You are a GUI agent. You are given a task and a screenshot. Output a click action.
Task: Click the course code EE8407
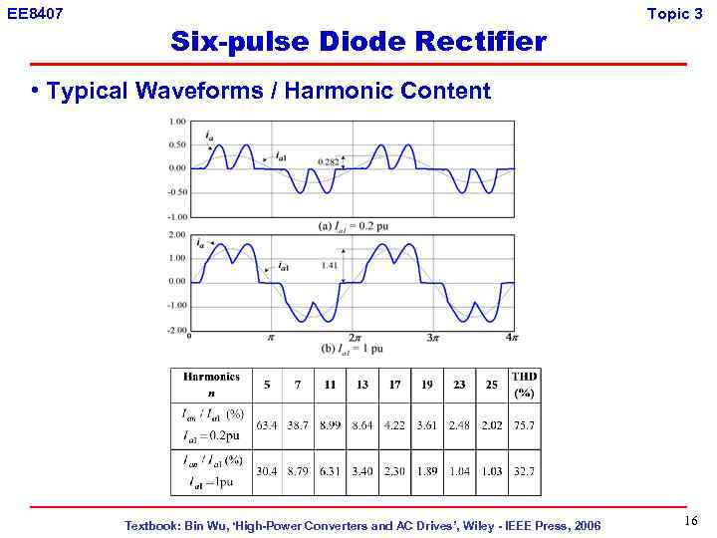click(34, 13)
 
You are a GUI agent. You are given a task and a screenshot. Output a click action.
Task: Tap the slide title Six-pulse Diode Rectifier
click(358, 43)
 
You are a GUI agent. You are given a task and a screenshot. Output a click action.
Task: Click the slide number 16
click(691, 522)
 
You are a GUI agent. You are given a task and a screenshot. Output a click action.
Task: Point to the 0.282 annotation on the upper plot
click(328, 161)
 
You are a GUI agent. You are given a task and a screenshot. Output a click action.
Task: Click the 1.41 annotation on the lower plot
click(331, 265)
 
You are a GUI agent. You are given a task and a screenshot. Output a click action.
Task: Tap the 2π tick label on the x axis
click(354, 339)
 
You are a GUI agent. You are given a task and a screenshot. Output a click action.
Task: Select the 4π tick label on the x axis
click(511, 338)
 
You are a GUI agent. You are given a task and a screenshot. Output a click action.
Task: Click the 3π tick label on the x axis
click(433, 339)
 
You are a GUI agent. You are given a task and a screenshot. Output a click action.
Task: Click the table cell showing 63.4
click(268, 424)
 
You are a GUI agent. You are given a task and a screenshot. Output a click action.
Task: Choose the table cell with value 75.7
click(524, 424)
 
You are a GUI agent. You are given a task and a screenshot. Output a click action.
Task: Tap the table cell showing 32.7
click(524, 471)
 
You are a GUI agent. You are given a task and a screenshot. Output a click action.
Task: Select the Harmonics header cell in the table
click(212, 384)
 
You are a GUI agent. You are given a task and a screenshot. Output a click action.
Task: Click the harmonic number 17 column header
click(395, 384)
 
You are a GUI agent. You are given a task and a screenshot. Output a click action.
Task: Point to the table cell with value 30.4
click(268, 471)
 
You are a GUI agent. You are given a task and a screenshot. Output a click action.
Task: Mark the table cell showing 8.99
click(330, 424)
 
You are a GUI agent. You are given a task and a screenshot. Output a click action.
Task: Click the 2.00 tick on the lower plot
click(176, 235)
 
